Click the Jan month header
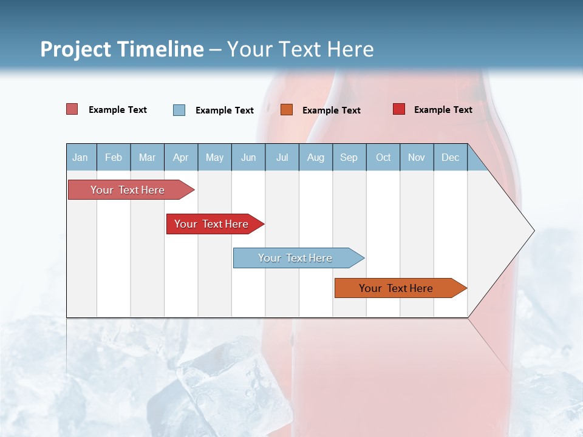click(80, 157)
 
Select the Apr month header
click(180, 157)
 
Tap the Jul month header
click(282, 157)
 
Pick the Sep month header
click(349, 157)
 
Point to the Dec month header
click(450, 157)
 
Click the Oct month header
click(383, 157)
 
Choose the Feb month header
click(114, 157)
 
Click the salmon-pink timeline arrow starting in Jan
click(128, 190)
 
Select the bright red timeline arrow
click(211, 224)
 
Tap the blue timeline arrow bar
click(295, 258)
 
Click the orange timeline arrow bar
click(396, 288)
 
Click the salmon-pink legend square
click(72, 109)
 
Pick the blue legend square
click(179, 110)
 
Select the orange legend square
click(287, 109)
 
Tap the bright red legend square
click(398, 109)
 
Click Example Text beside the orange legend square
click(331, 110)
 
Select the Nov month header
click(417, 157)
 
